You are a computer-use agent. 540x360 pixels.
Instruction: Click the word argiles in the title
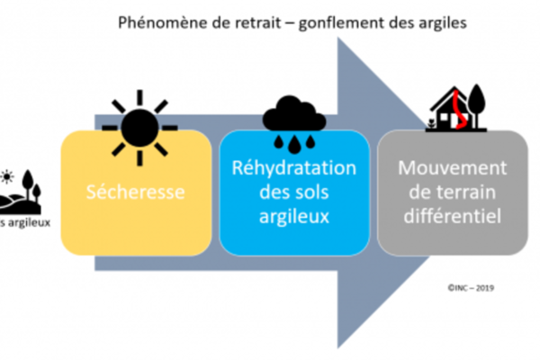click(444, 22)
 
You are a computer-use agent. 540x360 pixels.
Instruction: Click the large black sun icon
click(140, 121)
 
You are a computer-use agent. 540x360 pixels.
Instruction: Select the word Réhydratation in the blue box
click(294, 169)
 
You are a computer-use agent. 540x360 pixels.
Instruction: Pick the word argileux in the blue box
click(294, 215)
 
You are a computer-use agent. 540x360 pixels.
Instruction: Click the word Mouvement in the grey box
click(453, 169)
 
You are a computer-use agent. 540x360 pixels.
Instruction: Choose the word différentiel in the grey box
click(453, 215)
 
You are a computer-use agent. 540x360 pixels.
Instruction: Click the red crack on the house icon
click(457, 105)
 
